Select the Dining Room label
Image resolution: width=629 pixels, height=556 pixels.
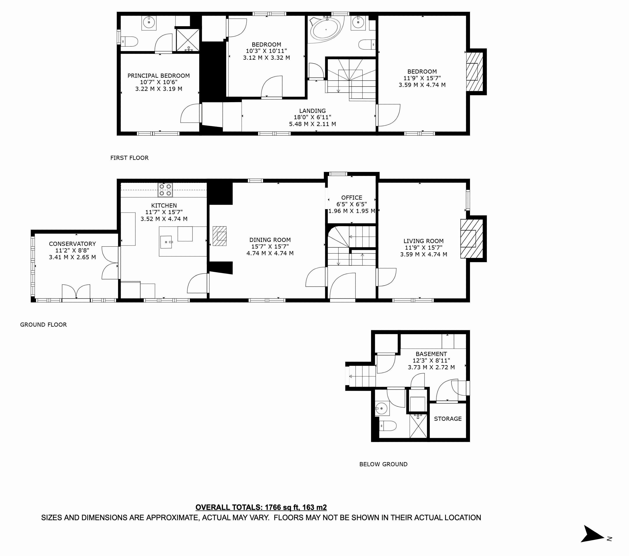coord(270,240)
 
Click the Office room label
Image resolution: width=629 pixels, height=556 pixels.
coord(352,198)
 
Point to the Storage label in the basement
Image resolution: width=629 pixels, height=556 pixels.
coord(448,419)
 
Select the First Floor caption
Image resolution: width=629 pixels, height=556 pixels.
coord(129,158)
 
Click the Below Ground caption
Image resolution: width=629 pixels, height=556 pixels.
coord(383,464)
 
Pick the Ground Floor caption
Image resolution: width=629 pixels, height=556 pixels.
coord(43,324)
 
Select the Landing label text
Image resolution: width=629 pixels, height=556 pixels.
coord(312,111)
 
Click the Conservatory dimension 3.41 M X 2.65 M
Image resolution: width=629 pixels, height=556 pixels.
coord(72,257)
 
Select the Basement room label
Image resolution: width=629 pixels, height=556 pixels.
coord(431,354)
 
